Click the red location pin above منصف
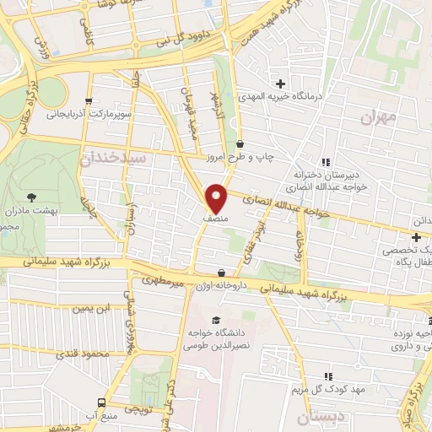pyautogui.click(x=217, y=197)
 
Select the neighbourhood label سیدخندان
pyautogui.click(x=114, y=157)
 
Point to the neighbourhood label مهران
pyautogui.click(x=377, y=117)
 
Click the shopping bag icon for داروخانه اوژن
pyautogui.click(x=222, y=273)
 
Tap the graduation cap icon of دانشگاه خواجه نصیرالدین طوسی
pyautogui.click(x=217, y=320)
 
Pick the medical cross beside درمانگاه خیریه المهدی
pyautogui.click(x=281, y=84)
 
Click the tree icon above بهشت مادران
pyautogui.click(x=32, y=196)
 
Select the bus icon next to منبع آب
pyautogui.click(x=102, y=402)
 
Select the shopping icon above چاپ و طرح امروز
pyautogui.click(x=240, y=144)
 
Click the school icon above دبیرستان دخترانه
pyautogui.click(x=324, y=162)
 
